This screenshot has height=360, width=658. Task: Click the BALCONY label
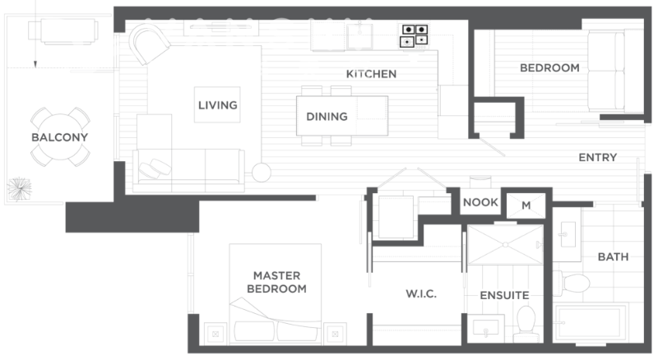(59, 137)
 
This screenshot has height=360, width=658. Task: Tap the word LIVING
(217, 105)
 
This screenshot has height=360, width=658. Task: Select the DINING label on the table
(327, 116)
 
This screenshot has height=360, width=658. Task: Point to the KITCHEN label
(371, 74)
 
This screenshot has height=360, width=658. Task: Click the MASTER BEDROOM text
(276, 282)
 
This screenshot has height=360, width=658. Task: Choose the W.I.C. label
(421, 293)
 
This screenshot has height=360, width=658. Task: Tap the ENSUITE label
(504, 295)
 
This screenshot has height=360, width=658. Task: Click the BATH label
(613, 256)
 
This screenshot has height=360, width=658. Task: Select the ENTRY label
(598, 157)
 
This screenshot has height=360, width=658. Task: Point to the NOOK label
(480, 202)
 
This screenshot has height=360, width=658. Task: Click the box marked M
(526, 205)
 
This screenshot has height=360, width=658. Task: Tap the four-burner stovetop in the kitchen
(414, 35)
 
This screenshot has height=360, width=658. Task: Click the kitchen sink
(359, 35)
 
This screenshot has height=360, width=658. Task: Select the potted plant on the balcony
(19, 189)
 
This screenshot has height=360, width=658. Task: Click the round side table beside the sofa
(261, 172)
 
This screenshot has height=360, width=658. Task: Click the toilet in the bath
(572, 283)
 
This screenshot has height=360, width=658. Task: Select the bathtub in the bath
(591, 324)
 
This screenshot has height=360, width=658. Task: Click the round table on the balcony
(60, 136)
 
